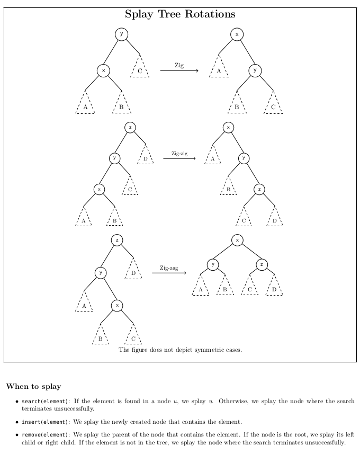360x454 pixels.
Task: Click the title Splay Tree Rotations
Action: point(180,14)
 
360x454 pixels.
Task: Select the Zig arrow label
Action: point(179,65)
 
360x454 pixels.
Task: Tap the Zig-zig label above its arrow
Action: point(179,154)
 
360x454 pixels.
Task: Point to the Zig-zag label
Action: point(169,268)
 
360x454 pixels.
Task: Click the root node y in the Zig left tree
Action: point(121,34)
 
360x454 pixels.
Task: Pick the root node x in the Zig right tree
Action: point(237,34)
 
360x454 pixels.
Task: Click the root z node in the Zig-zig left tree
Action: point(130,127)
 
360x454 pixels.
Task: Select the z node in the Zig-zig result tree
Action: point(259,189)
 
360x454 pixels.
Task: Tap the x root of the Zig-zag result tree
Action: point(237,241)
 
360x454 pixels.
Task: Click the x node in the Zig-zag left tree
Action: point(116,306)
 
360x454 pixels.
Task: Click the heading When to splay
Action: point(33,386)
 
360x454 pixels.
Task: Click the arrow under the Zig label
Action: point(179,71)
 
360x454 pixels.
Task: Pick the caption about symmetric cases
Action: point(180,350)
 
